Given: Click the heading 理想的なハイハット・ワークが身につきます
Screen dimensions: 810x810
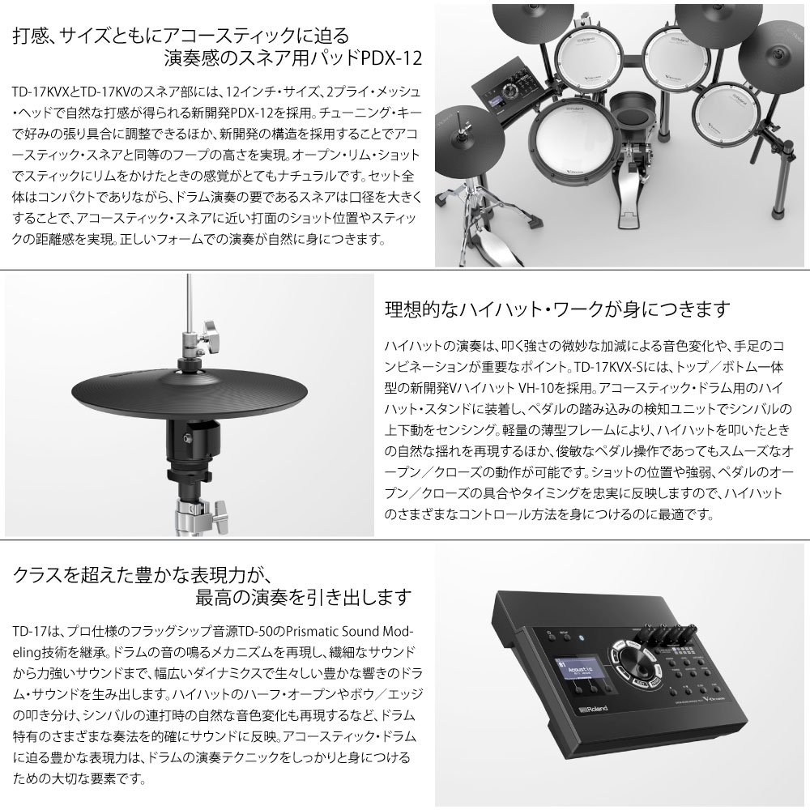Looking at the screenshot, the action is pyautogui.click(x=557, y=309).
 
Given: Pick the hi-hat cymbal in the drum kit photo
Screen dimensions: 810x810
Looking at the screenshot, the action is pyautogui.click(x=470, y=139).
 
